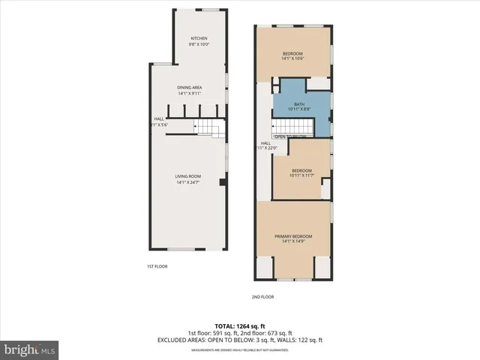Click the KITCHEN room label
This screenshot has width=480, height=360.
(199, 38)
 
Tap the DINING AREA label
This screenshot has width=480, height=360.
(190, 88)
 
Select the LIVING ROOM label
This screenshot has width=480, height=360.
(190, 176)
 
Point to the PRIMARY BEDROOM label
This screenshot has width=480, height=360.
(293, 236)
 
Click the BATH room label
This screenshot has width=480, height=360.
(299, 104)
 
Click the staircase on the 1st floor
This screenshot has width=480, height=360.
(210, 129)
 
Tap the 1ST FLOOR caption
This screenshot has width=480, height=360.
(156, 266)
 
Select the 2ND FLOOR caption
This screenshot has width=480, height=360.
(262, 296)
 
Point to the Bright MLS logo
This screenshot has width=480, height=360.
(30, 349)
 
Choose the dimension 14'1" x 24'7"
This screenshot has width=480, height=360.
(190, 182)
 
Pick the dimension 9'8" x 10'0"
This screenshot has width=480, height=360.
(199, 44)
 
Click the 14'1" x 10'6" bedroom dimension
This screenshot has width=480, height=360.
(292, 59)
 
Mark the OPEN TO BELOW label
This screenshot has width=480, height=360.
(291, 136)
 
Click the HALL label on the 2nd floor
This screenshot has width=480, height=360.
(265, 142)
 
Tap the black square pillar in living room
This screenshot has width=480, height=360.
(221, 182)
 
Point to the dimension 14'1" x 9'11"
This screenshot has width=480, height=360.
(190, 94)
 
